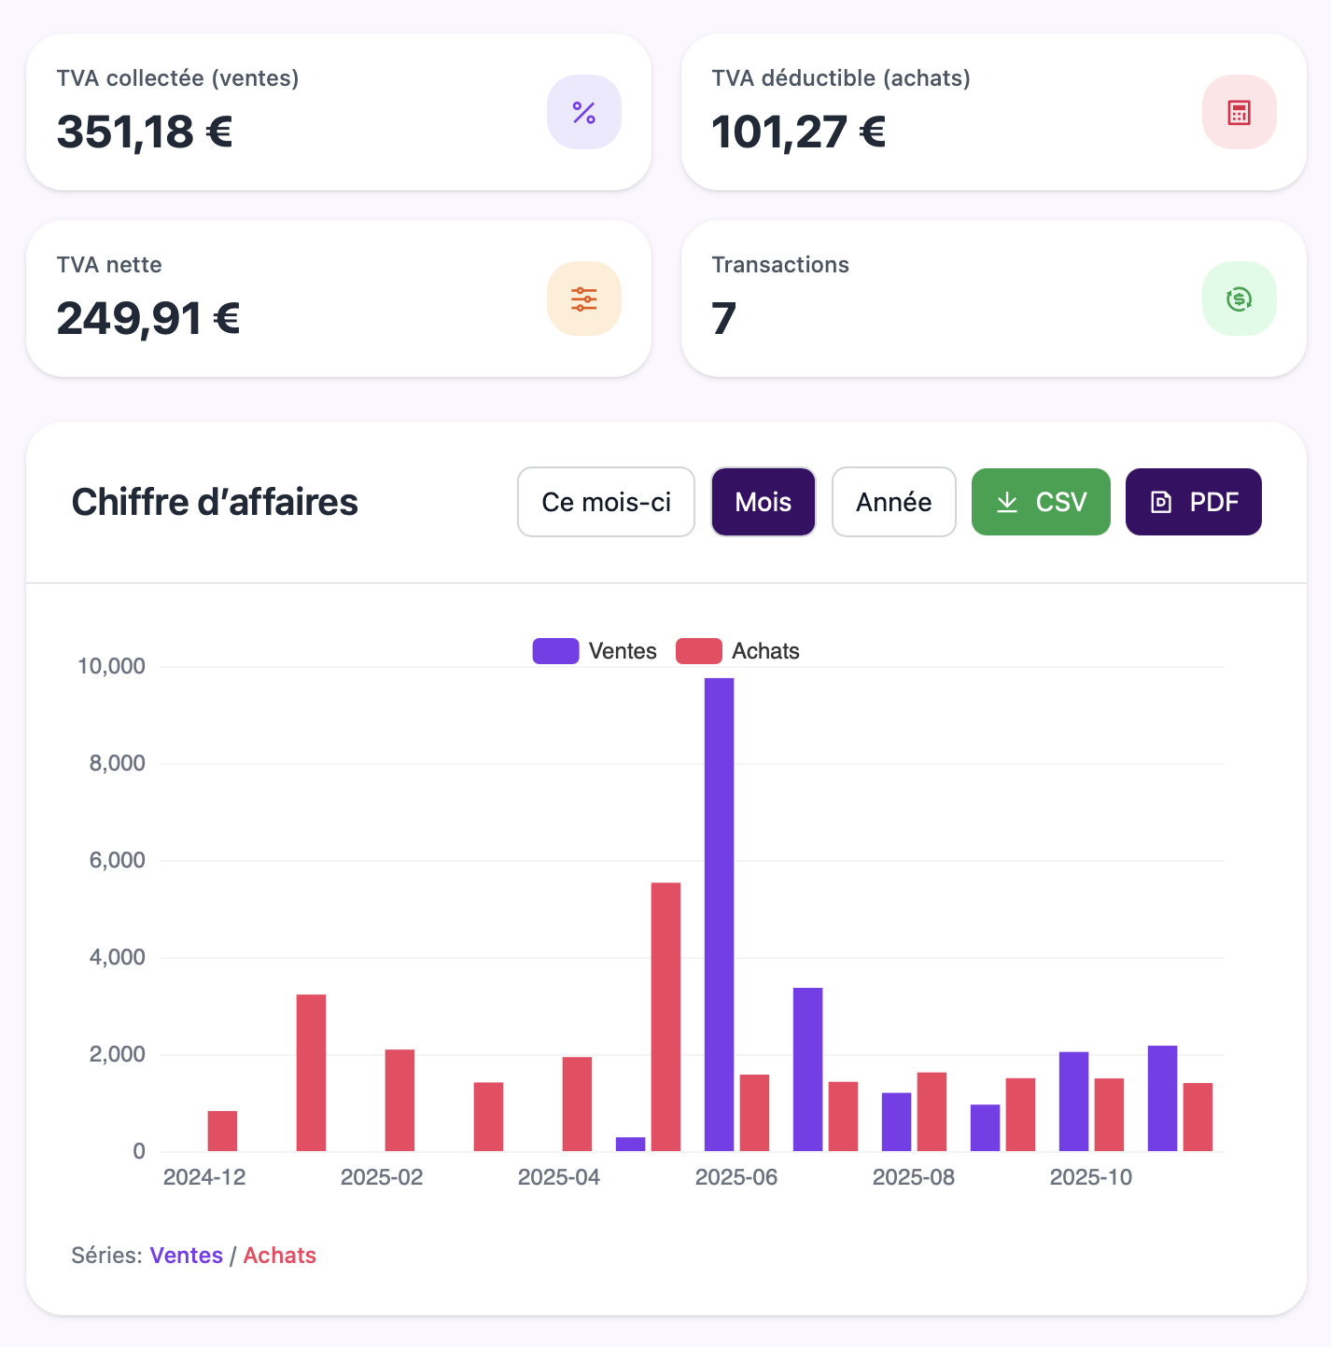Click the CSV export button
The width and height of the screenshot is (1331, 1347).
(x=1041, y=502)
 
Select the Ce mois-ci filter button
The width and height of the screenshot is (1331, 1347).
(x=606, y=502)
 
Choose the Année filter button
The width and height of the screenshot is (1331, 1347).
(x=893, y=502)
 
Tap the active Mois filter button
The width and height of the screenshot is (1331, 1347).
(x=763, y=502)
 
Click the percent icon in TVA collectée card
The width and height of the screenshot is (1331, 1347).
(x=583, y=113)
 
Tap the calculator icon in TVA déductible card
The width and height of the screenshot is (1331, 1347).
(x=1239, y=113)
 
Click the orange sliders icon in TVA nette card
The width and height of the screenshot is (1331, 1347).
(x=583, y=299)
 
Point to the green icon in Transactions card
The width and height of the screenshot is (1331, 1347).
(x=1239, y=299)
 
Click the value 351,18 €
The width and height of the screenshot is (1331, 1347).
(x=145, y=132)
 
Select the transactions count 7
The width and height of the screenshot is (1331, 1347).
(x=724, y=319)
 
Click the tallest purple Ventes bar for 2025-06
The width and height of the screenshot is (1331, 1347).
(x=719, y=914)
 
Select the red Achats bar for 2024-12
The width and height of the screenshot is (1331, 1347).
(x=222, y=1131)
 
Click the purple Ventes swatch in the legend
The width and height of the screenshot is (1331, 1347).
(x=555, y=651)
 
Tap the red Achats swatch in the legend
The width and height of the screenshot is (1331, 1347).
(x=698, y=651)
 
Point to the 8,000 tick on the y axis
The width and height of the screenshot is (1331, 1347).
(x=118, y=763)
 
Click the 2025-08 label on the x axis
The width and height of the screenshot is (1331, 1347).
(x=913, y=1177)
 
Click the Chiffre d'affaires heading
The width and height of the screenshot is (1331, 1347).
(x=215, y=502)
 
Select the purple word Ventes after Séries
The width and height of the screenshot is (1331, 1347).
(x=186, y=1256)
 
